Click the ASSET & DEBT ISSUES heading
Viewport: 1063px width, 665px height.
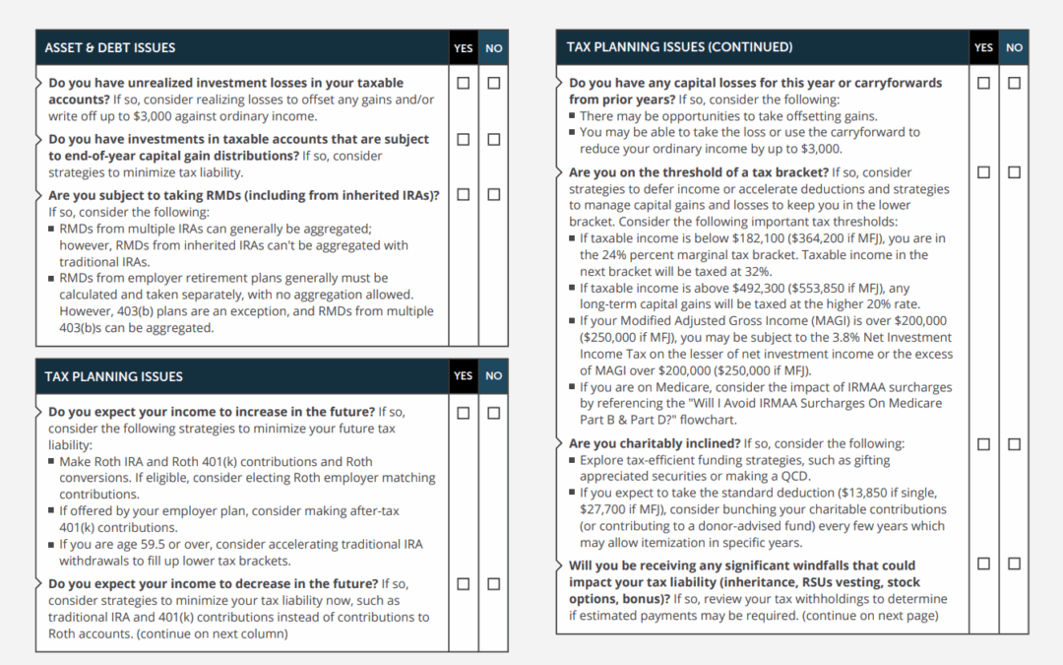(x=110, y=47)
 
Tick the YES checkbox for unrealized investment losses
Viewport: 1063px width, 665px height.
(x=464, y=84)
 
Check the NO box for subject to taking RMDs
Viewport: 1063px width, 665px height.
(x=493, y=195)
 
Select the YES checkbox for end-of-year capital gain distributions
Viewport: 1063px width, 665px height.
(x=464, y=140)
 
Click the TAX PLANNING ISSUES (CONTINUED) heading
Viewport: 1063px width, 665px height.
(x=679, y=47)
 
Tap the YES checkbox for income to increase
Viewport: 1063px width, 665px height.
(x=464, y=413)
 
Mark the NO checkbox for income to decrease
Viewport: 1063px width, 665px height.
(x=493, y=584)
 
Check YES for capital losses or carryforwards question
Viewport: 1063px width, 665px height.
(x=983, y=84)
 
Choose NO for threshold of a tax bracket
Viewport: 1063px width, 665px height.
(x=1014, y=172)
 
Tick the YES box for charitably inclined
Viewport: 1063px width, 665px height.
(x=983, y=444)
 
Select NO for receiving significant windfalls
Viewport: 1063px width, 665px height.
(x=1014, y=564)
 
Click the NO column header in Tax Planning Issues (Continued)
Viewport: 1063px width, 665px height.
(x=1014, y=47)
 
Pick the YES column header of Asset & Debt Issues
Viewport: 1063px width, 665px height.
(x=464, y=48)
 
